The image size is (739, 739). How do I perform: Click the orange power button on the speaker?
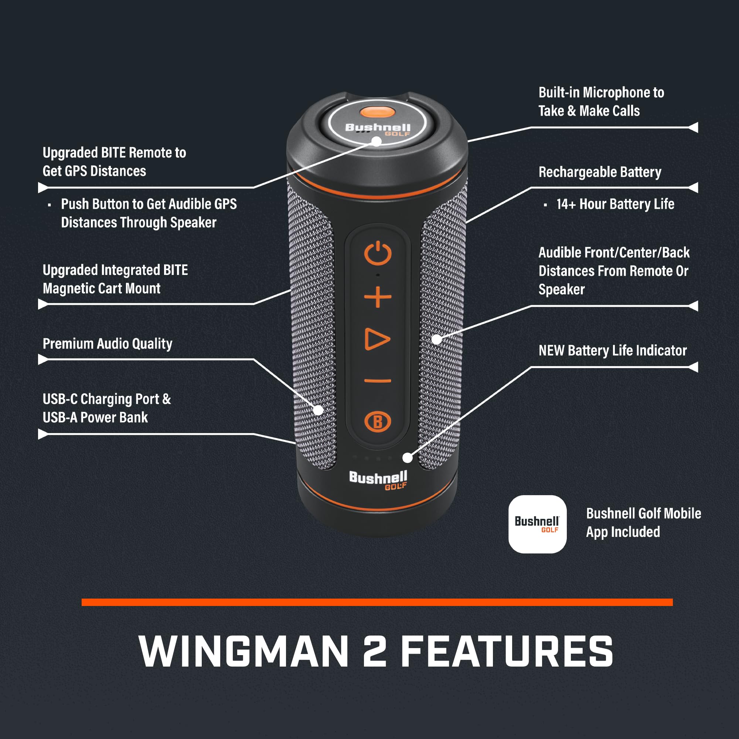point(378,253)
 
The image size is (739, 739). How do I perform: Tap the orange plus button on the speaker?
point(378,297)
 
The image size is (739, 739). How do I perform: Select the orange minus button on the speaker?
point(378,381)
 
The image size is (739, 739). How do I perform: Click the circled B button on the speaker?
point(378,422)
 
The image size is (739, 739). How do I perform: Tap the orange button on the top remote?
point(377,112)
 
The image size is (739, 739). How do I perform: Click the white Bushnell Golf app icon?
point(537,524)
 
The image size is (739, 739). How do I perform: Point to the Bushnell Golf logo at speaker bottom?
point(378,480)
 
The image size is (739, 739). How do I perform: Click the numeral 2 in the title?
point(374,651)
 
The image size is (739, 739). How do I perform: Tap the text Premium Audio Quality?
point(108,344)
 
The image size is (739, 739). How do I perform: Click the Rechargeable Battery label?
point(599,172)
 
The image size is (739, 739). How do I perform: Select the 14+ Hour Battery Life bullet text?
point(615,204)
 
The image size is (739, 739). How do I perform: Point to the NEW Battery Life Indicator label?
point(612,351)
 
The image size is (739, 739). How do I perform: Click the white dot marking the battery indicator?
point(408,457)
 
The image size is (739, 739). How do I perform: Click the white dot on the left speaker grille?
point(318,410)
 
